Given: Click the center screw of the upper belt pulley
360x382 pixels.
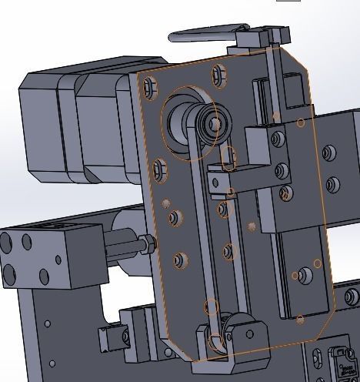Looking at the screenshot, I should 215,122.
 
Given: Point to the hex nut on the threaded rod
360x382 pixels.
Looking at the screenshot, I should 145,246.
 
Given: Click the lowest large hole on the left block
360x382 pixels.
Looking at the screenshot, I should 13,273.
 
